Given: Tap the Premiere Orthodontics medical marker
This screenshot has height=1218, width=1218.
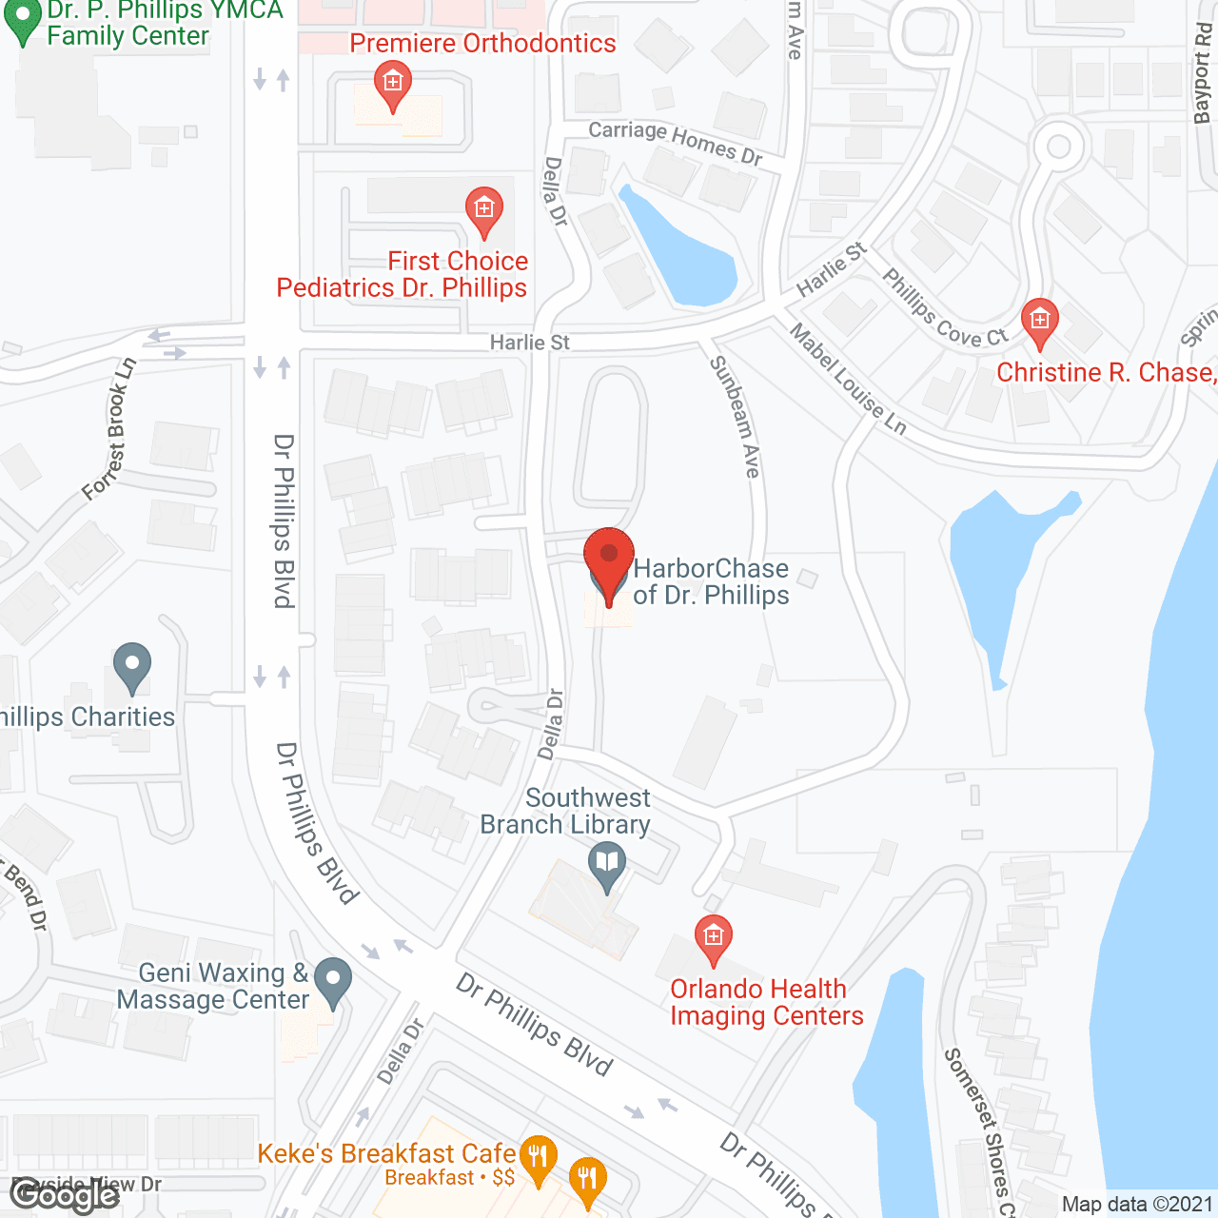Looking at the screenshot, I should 392,84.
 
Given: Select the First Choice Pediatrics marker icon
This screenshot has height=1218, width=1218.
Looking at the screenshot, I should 483,209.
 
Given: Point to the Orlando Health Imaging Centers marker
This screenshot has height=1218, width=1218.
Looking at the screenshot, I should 713,937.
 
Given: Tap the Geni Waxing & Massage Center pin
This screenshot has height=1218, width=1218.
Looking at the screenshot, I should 333,981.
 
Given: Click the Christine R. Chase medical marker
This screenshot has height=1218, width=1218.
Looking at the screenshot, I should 1039,321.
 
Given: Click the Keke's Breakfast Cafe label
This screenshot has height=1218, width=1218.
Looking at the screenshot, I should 386,1153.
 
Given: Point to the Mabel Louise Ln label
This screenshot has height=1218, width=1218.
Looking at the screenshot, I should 848,379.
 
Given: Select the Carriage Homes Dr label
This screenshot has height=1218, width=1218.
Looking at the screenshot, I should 675,142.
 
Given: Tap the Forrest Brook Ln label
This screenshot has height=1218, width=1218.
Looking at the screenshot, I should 109,428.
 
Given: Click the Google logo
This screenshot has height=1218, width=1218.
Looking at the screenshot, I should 65,1193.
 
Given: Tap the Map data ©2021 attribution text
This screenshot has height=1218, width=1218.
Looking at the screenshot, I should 1137,1204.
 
